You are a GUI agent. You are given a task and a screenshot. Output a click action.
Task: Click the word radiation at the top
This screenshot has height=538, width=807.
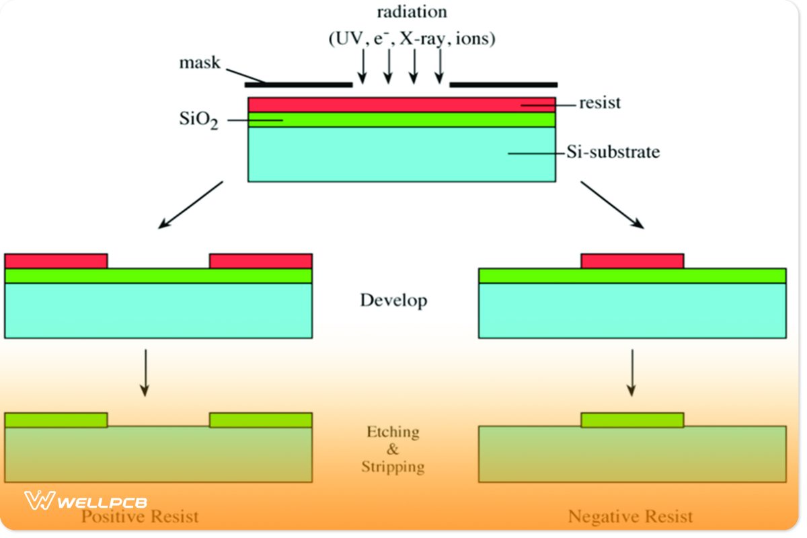pos(412,12)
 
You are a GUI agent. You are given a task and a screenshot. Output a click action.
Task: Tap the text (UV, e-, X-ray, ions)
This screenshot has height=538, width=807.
pos(412,39)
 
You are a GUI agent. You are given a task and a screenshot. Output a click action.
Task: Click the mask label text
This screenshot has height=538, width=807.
pos(199,63)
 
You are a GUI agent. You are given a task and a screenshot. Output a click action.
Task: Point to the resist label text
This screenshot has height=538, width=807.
pos(600,104)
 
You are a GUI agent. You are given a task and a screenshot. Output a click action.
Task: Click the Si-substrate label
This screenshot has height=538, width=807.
pos(612,153)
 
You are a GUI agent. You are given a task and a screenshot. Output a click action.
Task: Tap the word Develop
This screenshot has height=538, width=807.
pos(393,300)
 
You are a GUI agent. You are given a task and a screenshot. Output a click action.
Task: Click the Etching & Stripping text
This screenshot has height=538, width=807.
pos(393,449)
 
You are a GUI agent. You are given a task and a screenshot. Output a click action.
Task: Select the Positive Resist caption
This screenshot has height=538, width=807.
pos(140,516)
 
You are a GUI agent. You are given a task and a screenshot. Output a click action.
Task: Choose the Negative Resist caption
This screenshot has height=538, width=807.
pos(630,516)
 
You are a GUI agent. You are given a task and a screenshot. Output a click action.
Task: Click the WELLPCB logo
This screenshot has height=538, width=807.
pos(86,502)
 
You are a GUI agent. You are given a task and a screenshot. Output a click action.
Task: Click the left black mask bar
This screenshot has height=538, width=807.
pos(298,85)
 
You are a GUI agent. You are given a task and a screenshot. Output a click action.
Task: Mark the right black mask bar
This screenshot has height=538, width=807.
pos(503,85)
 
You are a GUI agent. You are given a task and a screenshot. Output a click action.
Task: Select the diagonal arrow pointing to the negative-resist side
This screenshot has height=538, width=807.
pos(613,205)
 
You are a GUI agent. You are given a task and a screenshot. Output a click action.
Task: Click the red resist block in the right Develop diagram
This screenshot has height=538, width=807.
pos(632,261)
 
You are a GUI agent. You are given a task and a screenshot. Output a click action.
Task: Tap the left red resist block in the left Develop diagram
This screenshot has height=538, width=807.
pos(56,261)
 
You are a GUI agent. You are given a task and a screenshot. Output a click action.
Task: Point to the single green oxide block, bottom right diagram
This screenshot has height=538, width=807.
pos(632,420)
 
